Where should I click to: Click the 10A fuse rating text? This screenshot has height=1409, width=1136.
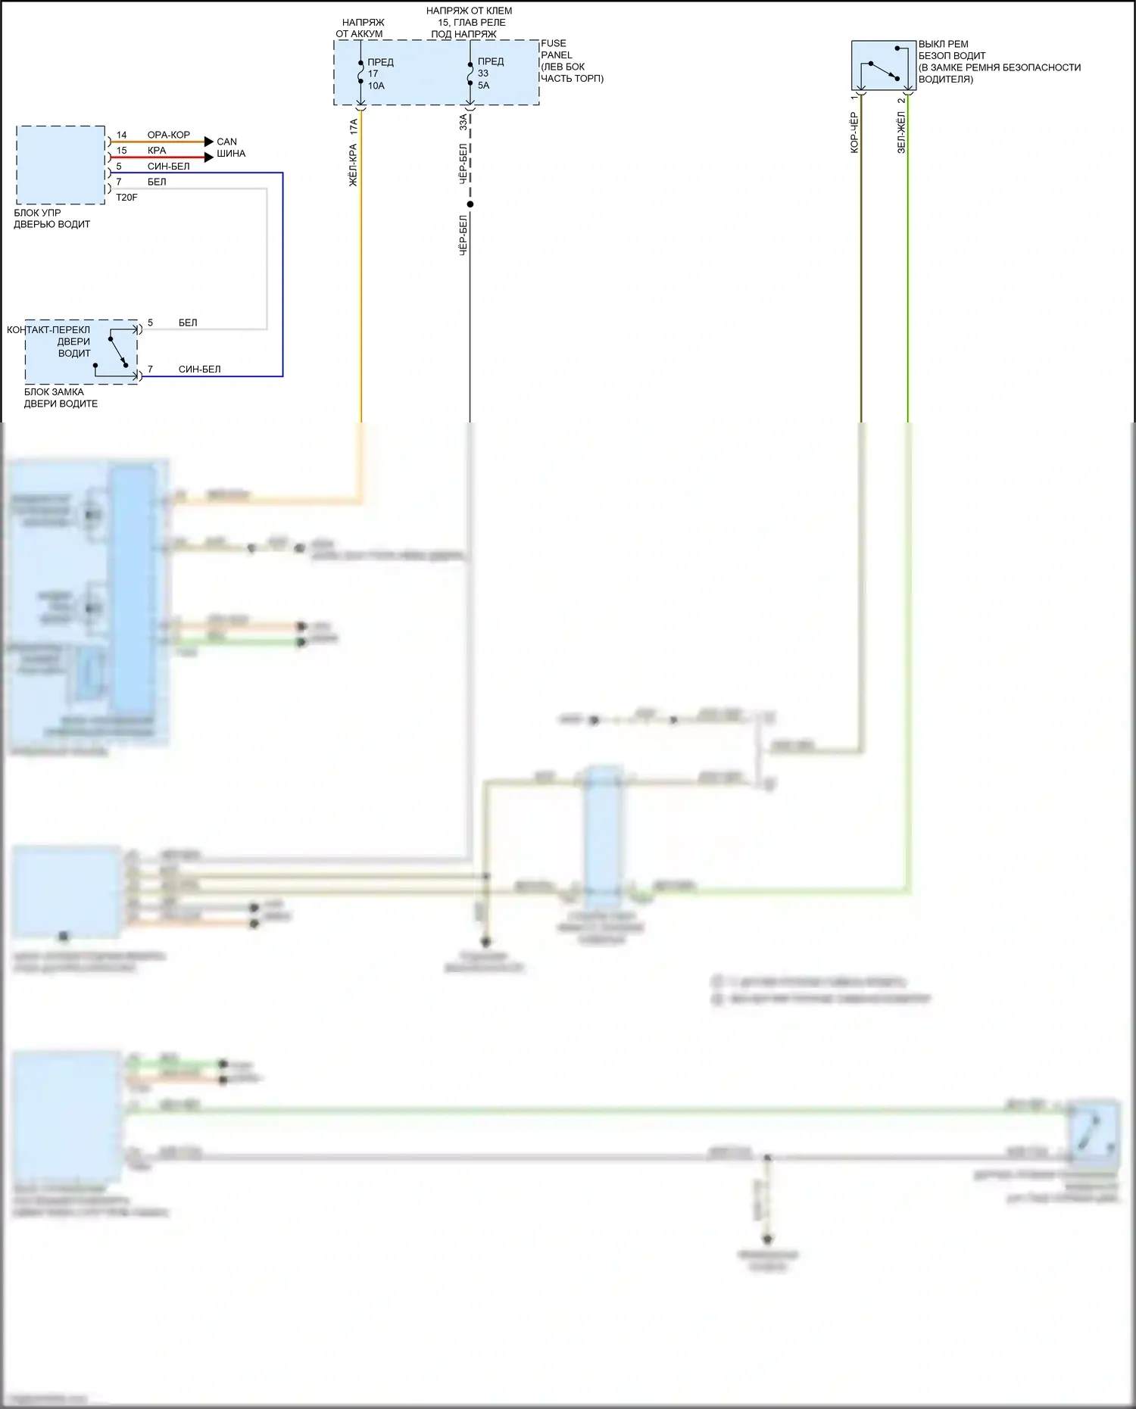click(376, 86)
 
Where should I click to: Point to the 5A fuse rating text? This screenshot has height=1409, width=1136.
click(484, 86)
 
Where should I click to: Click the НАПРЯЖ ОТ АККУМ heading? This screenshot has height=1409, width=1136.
click(360, 28)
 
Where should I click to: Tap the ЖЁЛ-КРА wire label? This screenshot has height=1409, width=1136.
click(353, 165)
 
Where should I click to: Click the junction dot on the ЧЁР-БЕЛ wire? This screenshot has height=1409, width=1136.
click(470, 204)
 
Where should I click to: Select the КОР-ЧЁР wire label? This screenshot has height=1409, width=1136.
click(854, 132)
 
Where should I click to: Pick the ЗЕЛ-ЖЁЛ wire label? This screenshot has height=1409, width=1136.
click(901, 132)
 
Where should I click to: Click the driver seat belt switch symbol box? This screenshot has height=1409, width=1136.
click(883, 65)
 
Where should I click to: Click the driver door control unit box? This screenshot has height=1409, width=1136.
click(61, 165)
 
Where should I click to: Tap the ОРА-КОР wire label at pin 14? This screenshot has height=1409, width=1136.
click(168, 135)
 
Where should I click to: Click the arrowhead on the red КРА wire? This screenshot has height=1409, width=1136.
click(210, 157)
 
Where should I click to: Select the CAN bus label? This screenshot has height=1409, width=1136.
click(227, 142)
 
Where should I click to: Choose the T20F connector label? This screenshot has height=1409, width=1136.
click(126, 198)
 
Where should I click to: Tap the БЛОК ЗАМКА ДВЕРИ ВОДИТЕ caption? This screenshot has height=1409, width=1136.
click(61, 397)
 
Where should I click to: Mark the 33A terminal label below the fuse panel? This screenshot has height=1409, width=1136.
click(463, 122)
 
